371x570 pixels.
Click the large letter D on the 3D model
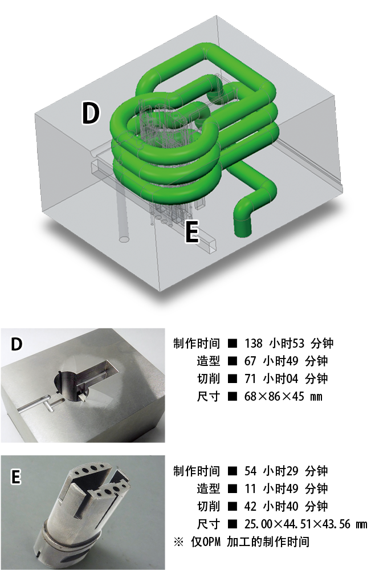91,113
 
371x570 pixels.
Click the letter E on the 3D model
192,231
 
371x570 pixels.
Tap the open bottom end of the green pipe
242,230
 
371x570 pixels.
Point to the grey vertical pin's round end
124,239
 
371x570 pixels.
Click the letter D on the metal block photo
17,344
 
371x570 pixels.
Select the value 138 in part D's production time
253,343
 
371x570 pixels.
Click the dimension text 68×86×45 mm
283,396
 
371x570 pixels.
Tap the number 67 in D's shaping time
250,361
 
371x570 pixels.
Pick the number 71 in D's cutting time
250,379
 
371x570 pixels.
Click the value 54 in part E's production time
250,471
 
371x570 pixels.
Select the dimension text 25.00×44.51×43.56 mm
305,524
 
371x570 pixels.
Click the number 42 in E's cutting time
250,506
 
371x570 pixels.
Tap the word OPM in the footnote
211,542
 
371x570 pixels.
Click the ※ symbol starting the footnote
178,542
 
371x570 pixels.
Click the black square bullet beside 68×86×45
232,396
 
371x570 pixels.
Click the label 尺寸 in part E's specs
208,524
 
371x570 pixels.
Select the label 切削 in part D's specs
208,379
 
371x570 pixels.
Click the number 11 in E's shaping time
250,488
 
